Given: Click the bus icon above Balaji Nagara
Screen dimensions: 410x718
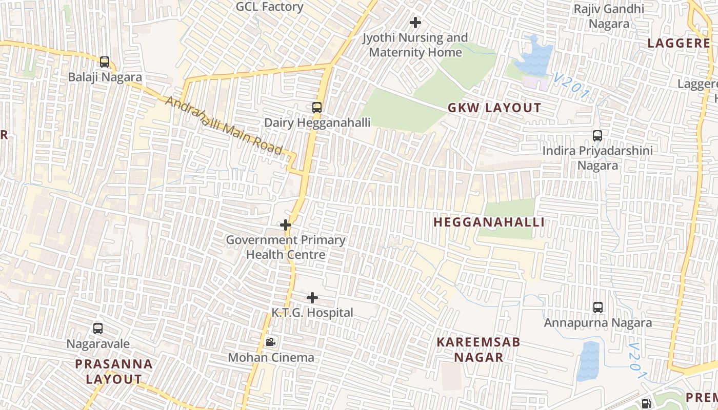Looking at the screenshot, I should coord(105,62).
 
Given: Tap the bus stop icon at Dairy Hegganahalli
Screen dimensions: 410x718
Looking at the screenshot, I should coord(317,108).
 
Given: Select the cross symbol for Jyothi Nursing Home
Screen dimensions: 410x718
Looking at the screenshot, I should coord(415,23).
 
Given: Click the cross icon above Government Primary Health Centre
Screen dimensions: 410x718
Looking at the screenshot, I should coord(286,225).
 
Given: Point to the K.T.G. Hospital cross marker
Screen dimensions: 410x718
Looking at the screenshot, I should coord(312,298).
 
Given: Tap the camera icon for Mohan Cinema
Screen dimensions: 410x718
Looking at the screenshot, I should coord(270,342).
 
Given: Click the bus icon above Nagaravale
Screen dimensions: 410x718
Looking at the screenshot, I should coord(98,329).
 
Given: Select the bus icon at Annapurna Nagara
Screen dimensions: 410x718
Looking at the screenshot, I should coord(597,307).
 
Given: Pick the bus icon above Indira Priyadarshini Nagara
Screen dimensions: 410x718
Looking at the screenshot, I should coord(597,136).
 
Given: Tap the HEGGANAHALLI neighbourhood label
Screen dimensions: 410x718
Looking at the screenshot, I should coord(489,222).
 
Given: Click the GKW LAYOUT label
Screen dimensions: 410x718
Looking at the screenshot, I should coord(494,108).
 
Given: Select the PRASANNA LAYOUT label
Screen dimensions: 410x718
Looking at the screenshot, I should coord(114,372).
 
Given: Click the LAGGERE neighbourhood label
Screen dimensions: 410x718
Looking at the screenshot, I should coord(679,44).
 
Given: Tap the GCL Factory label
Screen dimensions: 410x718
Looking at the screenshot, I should coord(270,7).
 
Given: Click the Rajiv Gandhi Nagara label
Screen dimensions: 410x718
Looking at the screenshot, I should coord(609,16).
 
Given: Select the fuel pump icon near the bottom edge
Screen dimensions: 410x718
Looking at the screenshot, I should coord(647,404).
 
